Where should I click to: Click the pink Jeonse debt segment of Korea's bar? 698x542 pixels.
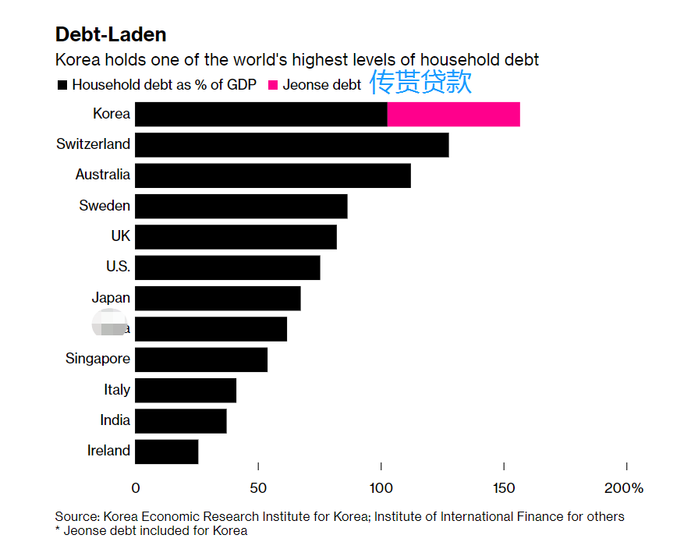(453, 114)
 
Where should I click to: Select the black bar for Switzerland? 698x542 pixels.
(292, 145)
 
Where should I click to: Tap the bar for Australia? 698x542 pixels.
(273, 175)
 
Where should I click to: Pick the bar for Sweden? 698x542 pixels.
(241, 207)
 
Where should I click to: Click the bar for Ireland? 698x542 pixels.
(167, 452)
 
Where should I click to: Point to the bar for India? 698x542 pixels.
(181, 421)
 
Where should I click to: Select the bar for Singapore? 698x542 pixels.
(201, 360)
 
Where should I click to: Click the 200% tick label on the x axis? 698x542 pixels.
(624, 489)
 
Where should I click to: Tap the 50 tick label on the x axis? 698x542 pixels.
(258, 489)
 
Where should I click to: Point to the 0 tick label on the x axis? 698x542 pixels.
(136, 489)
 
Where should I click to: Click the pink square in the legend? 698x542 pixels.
(273, 85)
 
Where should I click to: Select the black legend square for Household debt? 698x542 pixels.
(62, 85)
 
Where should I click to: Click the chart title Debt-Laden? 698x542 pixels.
(111, 35)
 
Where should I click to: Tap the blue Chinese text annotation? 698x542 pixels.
(420, 82)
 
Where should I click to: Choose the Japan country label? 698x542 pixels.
(111, 298)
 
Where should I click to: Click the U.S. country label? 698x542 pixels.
(118, 267)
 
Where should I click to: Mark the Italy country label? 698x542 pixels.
(117, 390)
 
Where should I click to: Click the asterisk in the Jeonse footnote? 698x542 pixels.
(58, 530)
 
